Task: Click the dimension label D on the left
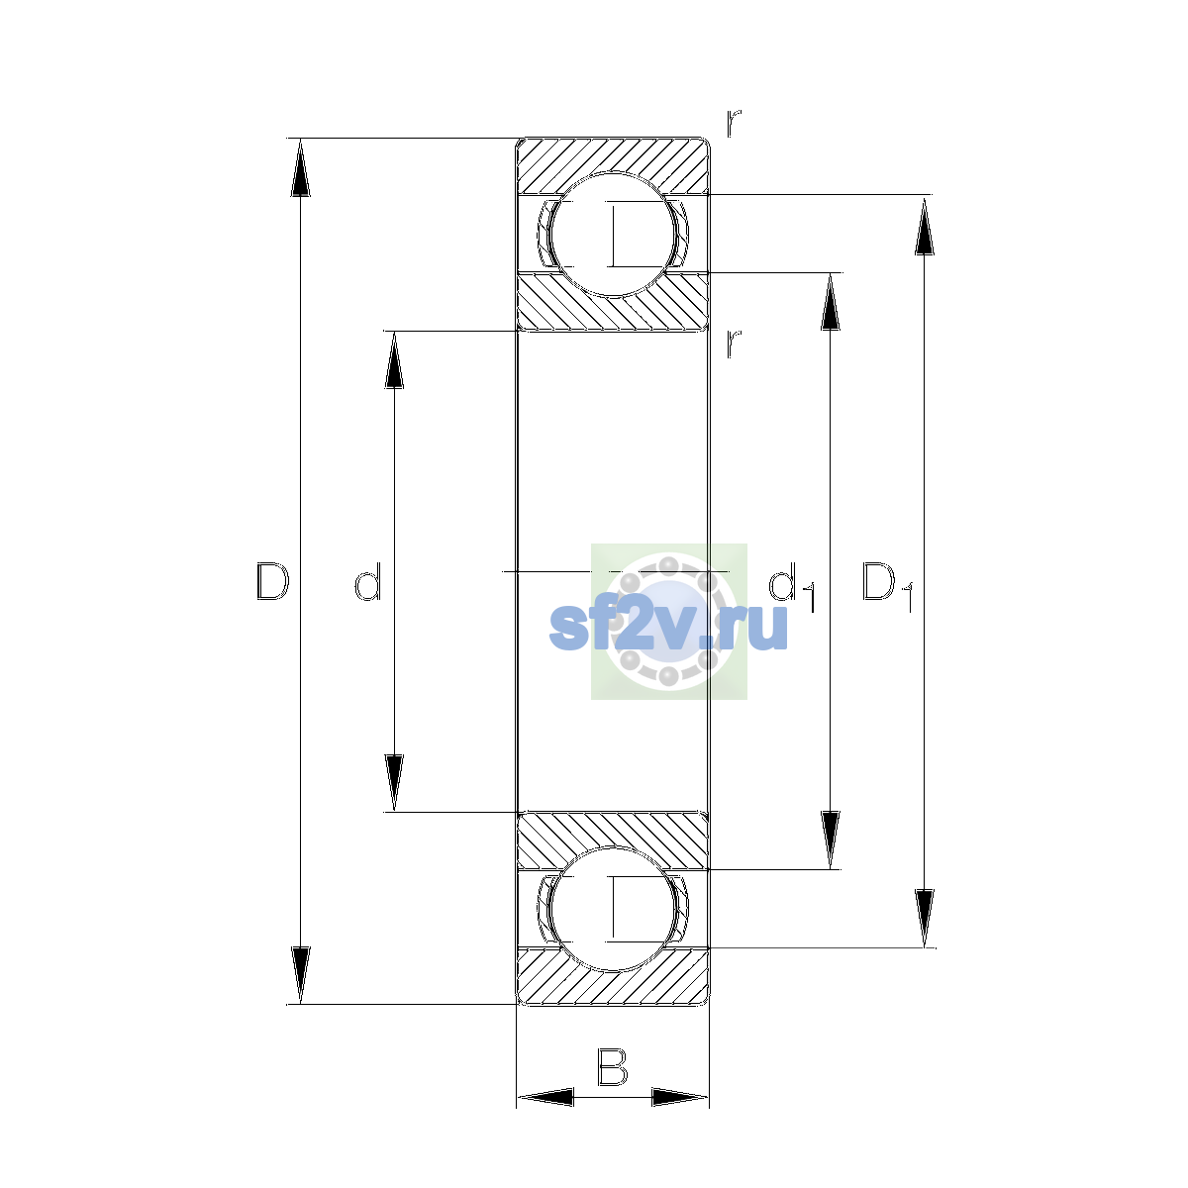coord(272,581)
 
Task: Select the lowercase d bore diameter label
coord(368,581)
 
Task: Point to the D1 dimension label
coord(887,586)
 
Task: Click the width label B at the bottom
coord(612,1066)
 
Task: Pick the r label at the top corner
coord(733,124)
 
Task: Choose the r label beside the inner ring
coord(733,344)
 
